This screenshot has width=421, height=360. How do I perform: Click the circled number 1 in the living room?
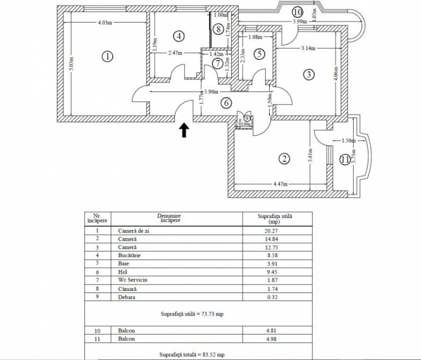coord(108,57)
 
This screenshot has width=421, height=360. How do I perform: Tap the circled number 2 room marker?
coord(284,159)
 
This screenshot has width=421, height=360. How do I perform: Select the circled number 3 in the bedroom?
coord(308,74)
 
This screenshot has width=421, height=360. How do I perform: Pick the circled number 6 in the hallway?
coord(226,103)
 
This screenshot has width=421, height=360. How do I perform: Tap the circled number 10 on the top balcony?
coord(297,12)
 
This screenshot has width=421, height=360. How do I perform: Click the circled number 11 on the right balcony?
coord(345,160)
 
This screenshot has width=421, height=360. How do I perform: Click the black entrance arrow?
coord(184,130)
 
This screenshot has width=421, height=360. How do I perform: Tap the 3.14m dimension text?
coord(308,48)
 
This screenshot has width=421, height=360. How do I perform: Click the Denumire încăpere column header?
coord(169,218)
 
